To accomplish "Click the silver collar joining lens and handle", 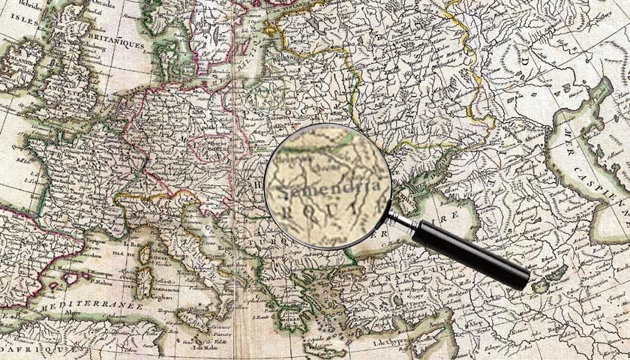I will click(401, 220).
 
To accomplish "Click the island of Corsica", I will click(147, 256).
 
